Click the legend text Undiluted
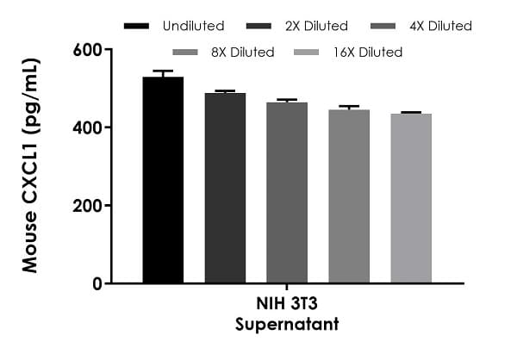point(193,26)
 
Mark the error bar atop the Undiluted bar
point(163,72)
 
